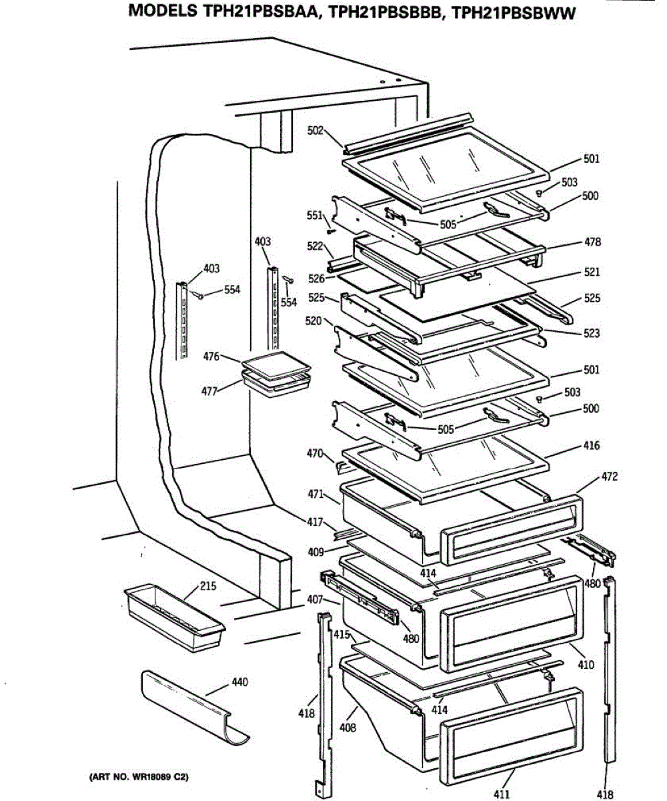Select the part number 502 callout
pyautogui.click(x=315, y=131)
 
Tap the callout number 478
pyautogui.click(x=592, y=242)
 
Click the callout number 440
pyautogui.click(x=239, y=682)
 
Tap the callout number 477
pyautogui.click(x=209, y=391)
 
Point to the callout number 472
pyautogui.click(x=591, y=477)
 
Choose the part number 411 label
pyautogui.click(x=501, y=794)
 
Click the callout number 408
pyautogui.click(x=348, y=728)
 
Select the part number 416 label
pyautogui.click(x=591, y=445)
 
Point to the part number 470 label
pyautogui.click(x=315, y=454)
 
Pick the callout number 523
pyautogui.click(x=591, y=333)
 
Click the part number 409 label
pyautogui.click(x=316, y=552)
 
